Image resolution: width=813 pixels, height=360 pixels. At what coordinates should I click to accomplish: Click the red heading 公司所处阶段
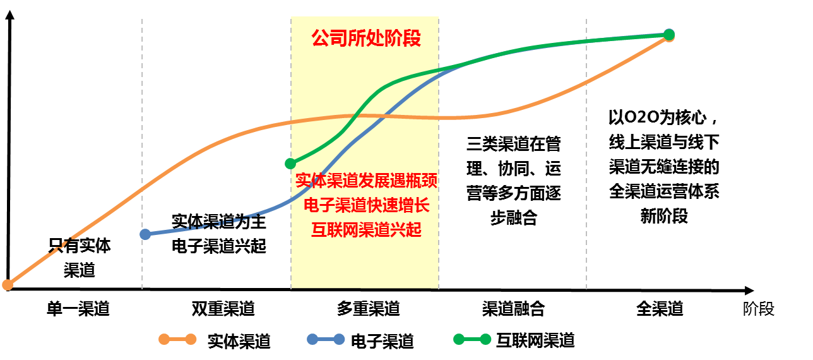click(x=366, y=38)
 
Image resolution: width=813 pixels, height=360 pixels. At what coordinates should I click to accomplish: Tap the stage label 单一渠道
click(x=78, y=308)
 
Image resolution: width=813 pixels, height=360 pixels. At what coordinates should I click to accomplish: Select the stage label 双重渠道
click(x=223, y=308)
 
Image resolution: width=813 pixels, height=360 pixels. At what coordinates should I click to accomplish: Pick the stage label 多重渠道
click(x=369, y=308)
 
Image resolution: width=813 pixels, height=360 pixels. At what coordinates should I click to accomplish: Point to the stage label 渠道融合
click(x=514, y=308)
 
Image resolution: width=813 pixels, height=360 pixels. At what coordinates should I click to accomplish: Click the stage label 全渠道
click(x=660, y=308)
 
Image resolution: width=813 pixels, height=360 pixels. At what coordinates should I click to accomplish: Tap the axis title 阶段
click(x=759, y=309)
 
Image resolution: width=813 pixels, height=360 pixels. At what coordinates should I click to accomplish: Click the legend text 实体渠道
click(x=239, y=341)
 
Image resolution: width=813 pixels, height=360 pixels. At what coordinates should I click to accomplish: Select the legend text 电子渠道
click(x=382, y=341)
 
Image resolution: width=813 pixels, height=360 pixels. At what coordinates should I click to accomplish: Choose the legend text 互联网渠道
click(x=535, y=340)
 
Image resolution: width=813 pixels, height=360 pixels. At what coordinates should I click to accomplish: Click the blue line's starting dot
click(x=145, y=234)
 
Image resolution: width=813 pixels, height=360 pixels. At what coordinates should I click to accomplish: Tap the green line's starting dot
click(x=290, y=164)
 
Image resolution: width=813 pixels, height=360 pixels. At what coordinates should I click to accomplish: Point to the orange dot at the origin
click(x=8, y=285)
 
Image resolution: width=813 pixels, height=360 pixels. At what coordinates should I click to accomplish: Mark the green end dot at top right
click(x=669, y=35)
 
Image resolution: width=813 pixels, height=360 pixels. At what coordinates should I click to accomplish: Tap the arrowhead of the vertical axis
click(x=10, y=15)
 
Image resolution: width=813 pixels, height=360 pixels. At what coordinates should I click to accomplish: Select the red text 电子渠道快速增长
click(x=367, y=205)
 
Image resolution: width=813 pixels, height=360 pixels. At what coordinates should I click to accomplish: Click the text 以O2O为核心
click(x=658, y=117)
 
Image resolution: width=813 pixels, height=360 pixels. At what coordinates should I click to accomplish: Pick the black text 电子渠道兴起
click(x=219, y=246)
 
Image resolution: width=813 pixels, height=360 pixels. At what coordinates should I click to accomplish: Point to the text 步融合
click(x=514, y=218)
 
